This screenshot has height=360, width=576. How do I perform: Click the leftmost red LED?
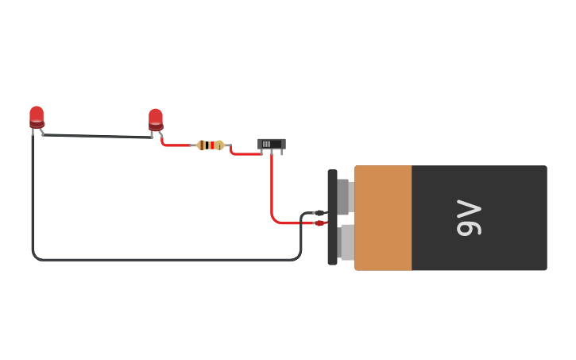click(x=37, y=117)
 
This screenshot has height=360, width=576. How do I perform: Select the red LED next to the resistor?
click(x=156, y=119)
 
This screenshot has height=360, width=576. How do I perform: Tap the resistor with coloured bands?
click(x=211, y=145)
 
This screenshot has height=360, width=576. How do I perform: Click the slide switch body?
click(x=271, y=144)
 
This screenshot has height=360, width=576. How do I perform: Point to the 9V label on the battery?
click(x=469, y=218)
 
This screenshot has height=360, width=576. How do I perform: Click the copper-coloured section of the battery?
click(x=383, y=218)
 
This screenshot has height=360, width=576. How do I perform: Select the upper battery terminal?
click(x=344, y=195)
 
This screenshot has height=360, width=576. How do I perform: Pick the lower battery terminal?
click(x=346, y=242)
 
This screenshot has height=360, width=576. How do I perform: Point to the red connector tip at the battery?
click(x=320, y=223)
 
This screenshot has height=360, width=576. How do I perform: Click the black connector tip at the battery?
click(x=319, y=213)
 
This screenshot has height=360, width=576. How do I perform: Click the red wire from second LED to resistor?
click(x=176, y=145)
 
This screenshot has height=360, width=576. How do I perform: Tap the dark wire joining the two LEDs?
click(x=95, y=136)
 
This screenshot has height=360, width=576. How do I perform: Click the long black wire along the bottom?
click(x=159, y=259)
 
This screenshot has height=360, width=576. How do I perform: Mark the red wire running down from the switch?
click(x=272, y=187)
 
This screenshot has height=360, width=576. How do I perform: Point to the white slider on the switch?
click(x=267, y=144)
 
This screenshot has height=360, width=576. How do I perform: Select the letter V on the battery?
click(x=469, y=208)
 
